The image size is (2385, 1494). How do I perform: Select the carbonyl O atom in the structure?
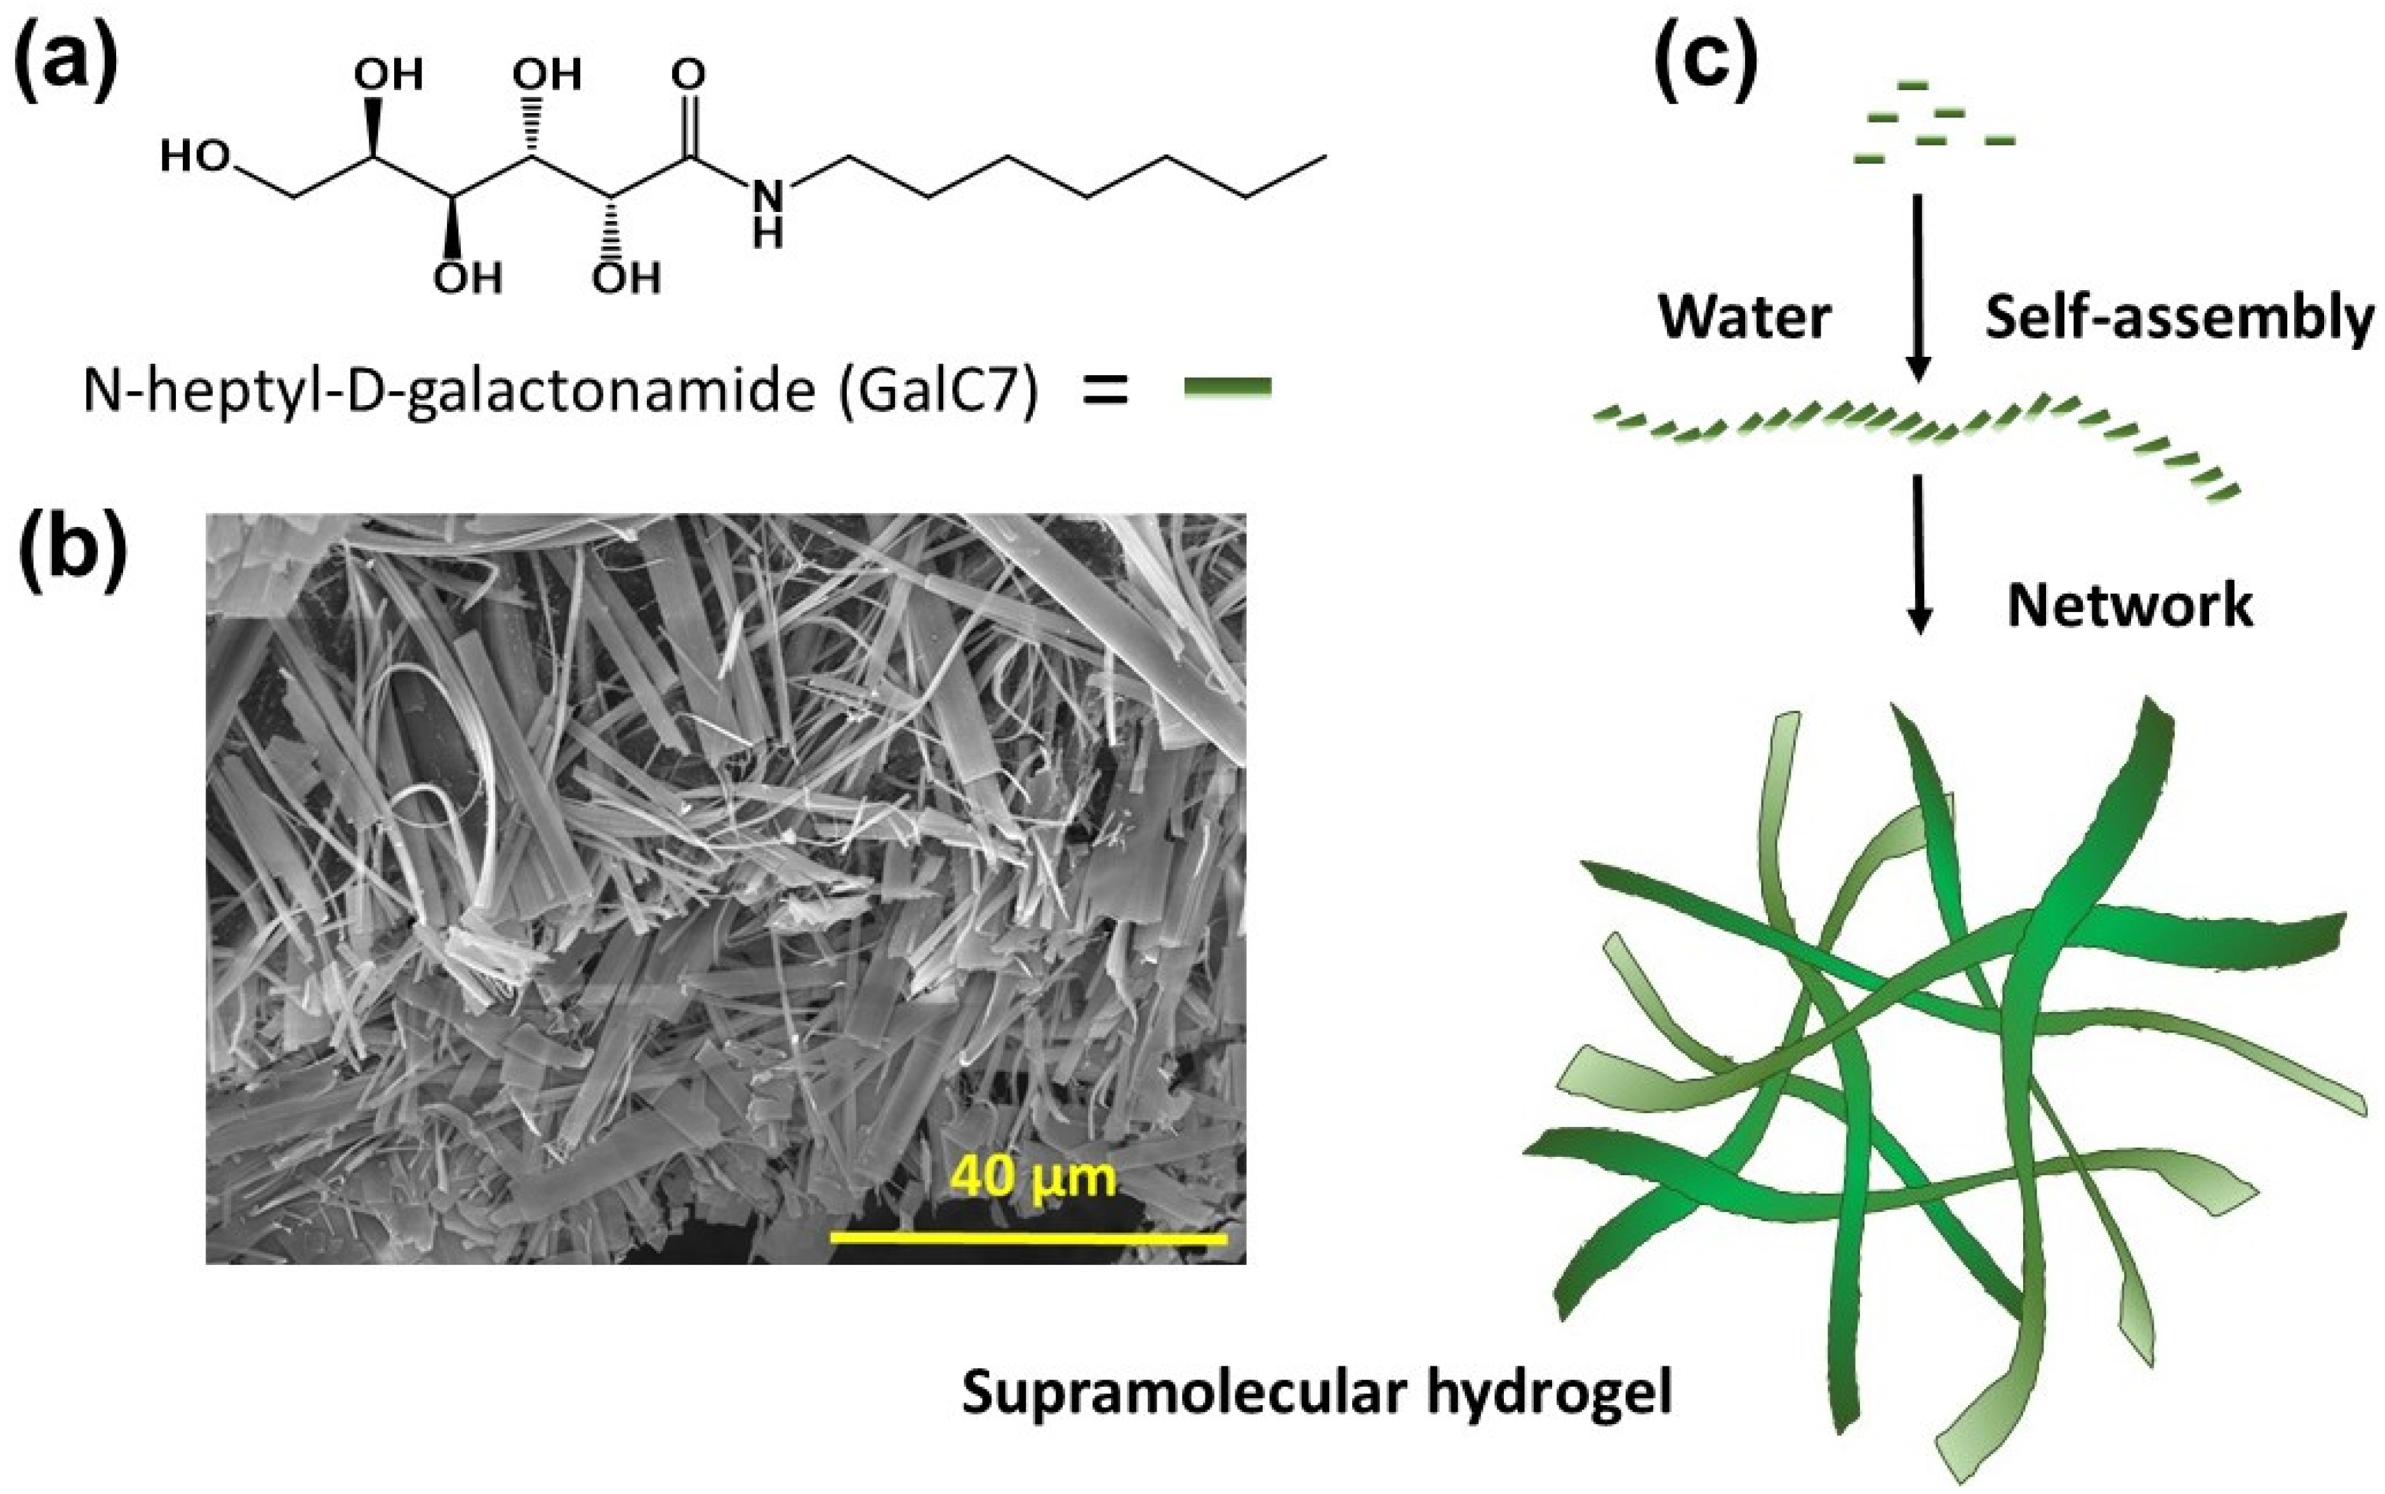tap(689, 74)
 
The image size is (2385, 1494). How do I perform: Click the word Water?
tap(1744, 318)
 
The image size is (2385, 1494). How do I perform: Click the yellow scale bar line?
tap(1028, 1237)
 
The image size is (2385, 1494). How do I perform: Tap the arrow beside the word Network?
tap(1918, 553)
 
